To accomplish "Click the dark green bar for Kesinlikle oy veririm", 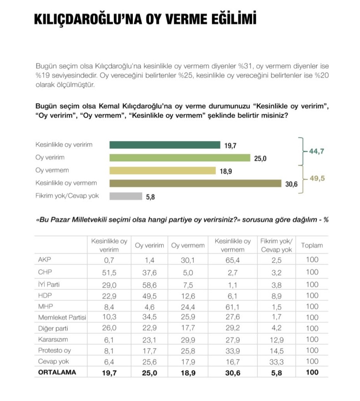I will [165, 145].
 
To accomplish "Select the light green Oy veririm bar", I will [180, 158].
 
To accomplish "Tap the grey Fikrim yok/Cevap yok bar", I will [126, 196].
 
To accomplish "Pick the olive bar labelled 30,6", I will [195, 183].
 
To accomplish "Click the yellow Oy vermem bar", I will [162, 171].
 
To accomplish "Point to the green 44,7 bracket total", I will [317, 151].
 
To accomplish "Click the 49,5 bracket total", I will [317, 178].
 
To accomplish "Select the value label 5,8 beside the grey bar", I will [150, 197].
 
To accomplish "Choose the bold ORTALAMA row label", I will [57, 372].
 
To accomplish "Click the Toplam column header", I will [312, 246].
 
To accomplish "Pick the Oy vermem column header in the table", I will [188, 246].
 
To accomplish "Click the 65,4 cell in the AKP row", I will [232, 260].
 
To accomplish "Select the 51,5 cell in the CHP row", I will [109, 272].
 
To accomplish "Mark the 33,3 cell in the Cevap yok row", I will [276, 362].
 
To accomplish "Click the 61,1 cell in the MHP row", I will [232, 306].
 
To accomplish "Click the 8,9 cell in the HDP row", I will [276, 295].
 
